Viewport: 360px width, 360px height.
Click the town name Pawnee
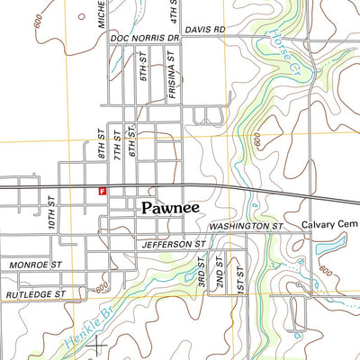[170, 207]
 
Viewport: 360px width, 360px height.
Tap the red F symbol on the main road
[103, 191]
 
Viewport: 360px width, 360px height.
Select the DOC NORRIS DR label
[144, 40]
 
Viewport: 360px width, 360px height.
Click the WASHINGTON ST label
[245, 226]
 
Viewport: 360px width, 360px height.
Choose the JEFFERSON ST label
[174, 244]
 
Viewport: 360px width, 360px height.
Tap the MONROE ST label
[36, 265]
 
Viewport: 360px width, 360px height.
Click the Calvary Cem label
[330, 225]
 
